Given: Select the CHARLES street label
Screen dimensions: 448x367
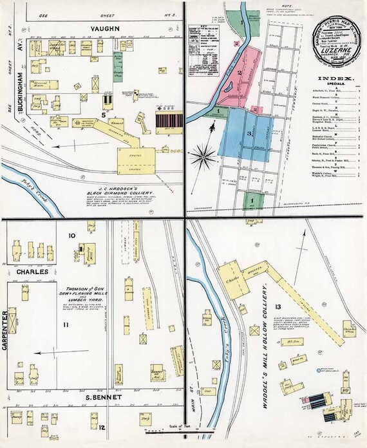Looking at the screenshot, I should click(32, 272).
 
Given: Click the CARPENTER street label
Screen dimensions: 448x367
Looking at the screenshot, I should click(6, 329).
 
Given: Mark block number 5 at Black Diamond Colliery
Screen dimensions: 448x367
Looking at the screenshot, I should click(102, 116).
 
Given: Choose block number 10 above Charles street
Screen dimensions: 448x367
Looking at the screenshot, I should click(72, 236).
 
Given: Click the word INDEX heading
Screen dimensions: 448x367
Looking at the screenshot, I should click(334, 79).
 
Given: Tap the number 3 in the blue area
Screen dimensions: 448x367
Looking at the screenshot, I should click(249, 133).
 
